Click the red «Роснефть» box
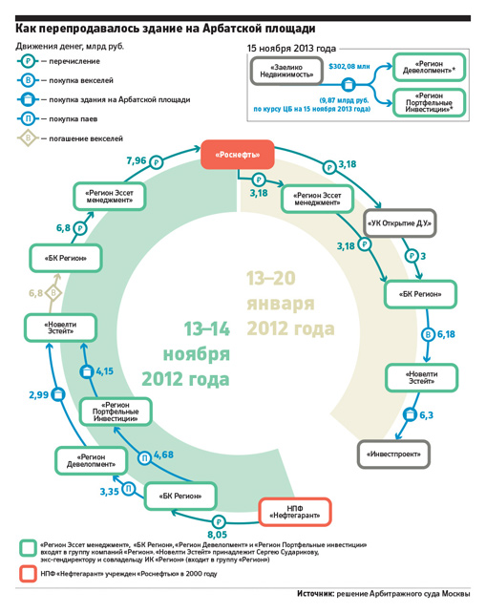pos(238,155)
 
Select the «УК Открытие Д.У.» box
pos(400,223)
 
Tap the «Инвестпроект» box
pos(393,454)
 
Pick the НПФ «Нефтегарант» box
pos(295,512)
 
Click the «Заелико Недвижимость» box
pos(286,71)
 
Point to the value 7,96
pos(137,160)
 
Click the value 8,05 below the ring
pos(218,534)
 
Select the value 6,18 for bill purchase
pos(446,334)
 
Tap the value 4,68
pos(163,454)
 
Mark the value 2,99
pos(39,395)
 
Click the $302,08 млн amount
pos(349,67)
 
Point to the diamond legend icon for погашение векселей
pos(28,138)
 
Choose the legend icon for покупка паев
pos(28,118)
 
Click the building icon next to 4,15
pos(87,371)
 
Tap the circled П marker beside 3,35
pos(128,489)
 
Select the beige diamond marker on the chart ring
pos(53,293)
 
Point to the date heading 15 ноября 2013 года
pos(291,49)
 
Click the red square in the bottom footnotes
pos(28,574)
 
